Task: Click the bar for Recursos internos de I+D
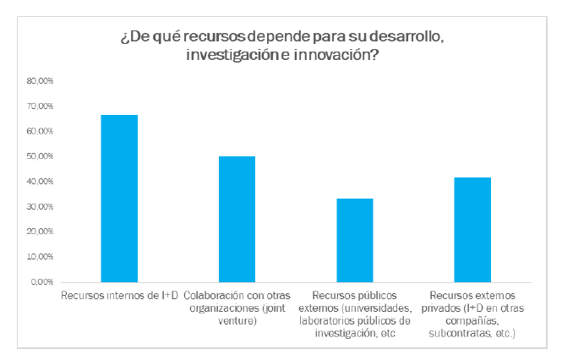pyautogui.click(x=119, y=199)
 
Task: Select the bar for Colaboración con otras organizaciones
pyautogui.click(x=237, y=219)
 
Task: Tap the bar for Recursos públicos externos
pyautogui.click(x=355, y=240)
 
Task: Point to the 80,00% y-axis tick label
pyautogui.click(x=41, y=81)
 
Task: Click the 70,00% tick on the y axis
pyautogui.click(x=41, y=106)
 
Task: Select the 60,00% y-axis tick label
pyautogui.click(x=41, y=132)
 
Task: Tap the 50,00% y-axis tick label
pyautogui.click(x=41, y=156)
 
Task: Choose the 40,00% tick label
pyautogui.click(x=41, y=182)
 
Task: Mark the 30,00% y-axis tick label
pyautogui.click(x=41, y=207)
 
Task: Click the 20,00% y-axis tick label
pyautogui.click(x=41, y=232)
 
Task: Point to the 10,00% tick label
pyautogui.click(x=41, y=257)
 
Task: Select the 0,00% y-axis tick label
pyautogui.click(x=42, y=282)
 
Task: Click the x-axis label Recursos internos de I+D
pyautogui.click(x=119, y=295)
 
